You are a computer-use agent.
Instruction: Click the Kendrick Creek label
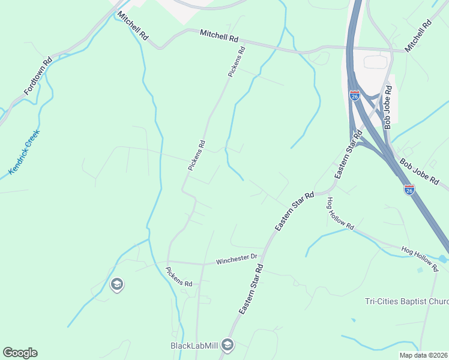[25, 152]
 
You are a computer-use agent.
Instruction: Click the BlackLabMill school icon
[227, 345]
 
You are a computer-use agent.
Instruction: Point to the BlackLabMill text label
[193, 346]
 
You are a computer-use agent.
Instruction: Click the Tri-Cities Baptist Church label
[406, 301]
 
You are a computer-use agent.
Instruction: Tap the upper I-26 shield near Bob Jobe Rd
[355, 95]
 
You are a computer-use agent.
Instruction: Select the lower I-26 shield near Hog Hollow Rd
[409, 190]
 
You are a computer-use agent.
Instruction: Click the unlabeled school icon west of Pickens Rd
[117, 284]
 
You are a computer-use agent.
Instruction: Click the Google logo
[20, 353]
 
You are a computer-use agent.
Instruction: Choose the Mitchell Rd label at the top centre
[219, 36]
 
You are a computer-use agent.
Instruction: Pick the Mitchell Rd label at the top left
[133, 26]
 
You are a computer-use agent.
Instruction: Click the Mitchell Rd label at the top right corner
[418, 36]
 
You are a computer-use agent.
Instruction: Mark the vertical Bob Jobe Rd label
[388, 107]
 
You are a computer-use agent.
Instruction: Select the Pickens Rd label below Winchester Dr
[179, 277]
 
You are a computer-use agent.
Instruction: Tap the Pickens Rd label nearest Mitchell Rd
[237, 62]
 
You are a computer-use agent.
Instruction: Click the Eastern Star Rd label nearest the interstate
[348, 155]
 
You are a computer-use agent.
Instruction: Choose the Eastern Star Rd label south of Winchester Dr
[252, 290]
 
